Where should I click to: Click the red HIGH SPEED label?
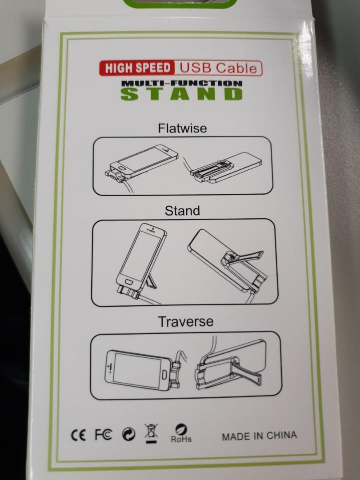tap(137, 68)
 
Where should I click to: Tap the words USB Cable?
tap(218, 68)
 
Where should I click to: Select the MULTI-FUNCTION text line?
tap(182, 83)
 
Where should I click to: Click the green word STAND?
tap(182, 94)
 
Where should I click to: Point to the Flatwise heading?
tap(182, 129)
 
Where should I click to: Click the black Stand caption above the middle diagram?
tap(182, 211)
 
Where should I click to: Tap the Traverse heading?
tap(186, 321)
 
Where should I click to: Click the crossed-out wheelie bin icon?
tap(151, 432)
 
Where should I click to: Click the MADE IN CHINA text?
tap(259, 436)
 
